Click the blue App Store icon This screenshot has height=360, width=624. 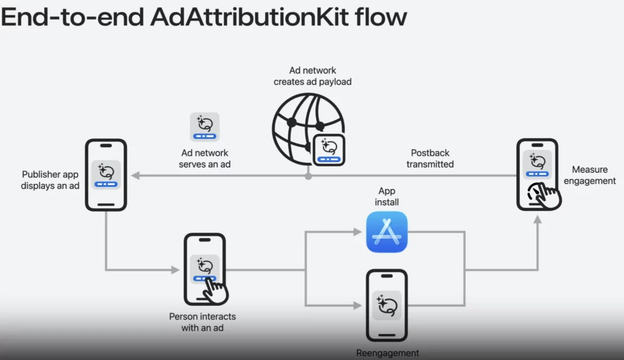tap(387, 231)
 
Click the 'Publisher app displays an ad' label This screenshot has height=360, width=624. tap(51, 180)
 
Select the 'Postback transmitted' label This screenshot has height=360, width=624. tap(430, 158)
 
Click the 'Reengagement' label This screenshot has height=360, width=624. tap(388, 353)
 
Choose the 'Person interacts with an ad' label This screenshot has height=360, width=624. tap(202, 322)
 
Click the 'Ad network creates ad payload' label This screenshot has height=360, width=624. tap(313, 76)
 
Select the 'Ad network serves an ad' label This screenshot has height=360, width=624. tap(205, 158)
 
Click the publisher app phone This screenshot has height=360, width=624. tap(105, 175)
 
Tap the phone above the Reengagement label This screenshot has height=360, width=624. tap(386, 305)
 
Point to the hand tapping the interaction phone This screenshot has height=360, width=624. tap(214, 290)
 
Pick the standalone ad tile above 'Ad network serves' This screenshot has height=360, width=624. tap(205, 127)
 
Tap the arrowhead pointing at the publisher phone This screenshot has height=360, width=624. tap(136, 175)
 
